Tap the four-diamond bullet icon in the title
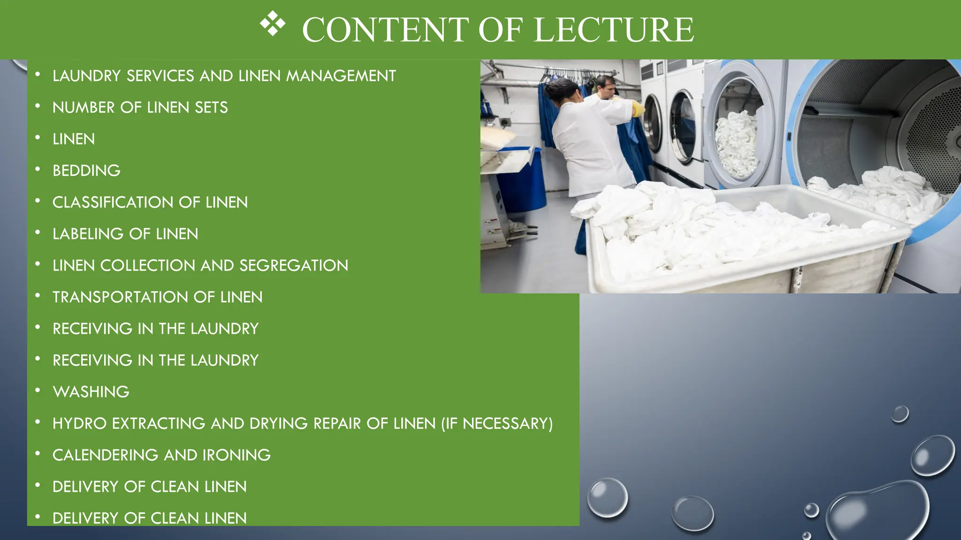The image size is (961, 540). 273,23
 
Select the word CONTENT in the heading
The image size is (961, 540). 385,30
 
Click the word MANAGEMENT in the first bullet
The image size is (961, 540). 341,76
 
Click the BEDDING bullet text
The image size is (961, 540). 86,171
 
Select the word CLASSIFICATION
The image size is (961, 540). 113,202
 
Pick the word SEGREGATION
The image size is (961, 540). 294,266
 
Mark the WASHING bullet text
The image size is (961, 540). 91,392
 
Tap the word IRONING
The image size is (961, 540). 236,455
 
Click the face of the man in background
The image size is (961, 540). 605,88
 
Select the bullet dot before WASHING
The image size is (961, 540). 38,390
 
